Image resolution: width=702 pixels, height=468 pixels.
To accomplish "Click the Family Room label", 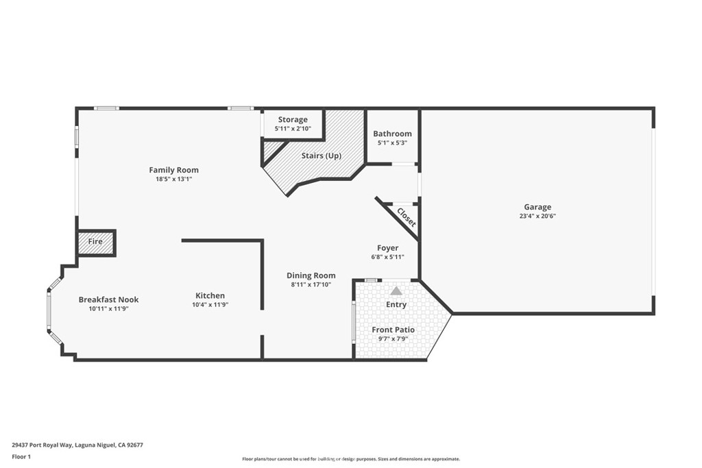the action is coord(173,170).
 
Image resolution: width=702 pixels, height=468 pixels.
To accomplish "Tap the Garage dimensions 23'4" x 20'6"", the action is coord(537,216).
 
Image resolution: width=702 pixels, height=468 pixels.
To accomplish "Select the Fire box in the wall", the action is coord(96,242).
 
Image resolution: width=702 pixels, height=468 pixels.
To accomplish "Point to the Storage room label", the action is coord(293,120).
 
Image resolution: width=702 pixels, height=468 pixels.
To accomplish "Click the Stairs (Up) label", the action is coord(322,156).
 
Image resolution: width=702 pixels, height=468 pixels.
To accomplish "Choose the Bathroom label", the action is coord(392,134).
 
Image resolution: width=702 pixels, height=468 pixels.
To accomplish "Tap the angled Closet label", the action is coord(407,217).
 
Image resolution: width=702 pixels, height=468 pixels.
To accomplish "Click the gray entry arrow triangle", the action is coord(396,291).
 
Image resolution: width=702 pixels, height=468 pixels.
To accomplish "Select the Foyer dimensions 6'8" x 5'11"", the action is coord(388,257).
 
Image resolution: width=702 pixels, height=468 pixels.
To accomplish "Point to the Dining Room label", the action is coord(311,275).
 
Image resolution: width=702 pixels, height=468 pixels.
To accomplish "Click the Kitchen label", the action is coord(210,296).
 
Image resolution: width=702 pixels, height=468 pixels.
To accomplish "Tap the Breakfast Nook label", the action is coord(109,299).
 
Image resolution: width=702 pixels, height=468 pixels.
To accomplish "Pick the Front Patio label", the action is coord(393,330).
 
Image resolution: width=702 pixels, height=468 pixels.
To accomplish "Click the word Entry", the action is coord(396,305).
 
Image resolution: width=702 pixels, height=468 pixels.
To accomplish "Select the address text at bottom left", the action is coord(77,445).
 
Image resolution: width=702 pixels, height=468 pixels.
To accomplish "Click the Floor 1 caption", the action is coord(21,457).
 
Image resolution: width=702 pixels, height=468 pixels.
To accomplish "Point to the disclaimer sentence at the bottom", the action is coord(351,459).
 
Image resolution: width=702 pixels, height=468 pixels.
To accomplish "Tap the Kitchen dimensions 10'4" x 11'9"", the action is coord(210,305).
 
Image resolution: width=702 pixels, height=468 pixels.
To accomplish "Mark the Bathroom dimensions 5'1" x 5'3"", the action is coord(392,144).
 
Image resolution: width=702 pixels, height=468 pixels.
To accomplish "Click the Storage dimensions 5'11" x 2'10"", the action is coord(293,129).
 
